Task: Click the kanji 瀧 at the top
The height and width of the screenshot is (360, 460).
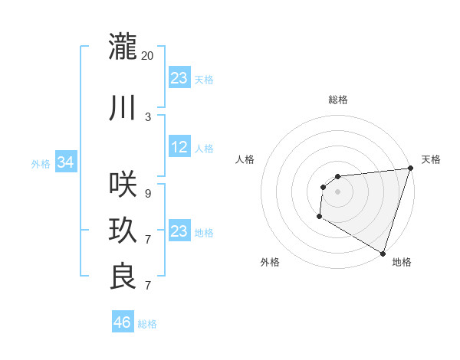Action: click(x=123, y=46)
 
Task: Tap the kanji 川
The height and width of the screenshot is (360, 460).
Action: click(x=123, y=108)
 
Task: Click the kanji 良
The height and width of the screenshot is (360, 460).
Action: click(x=123, y=276)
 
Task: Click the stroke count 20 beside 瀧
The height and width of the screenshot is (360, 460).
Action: click(x=148, y=55)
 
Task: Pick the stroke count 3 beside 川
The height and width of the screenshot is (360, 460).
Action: click(x=148, y=116)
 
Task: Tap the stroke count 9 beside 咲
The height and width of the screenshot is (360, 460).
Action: click(x=148, y=193)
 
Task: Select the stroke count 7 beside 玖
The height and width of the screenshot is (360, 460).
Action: click(x=148, y=240)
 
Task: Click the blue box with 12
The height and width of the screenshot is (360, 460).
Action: click(x=179, y=148)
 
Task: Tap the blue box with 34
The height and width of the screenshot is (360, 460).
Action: click(x=65, y=162)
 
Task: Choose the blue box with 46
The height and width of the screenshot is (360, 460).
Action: click(x=123, y=322)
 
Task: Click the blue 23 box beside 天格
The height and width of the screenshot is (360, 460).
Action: click(x=179, y=78)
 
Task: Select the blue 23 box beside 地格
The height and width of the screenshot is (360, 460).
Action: click(x=179, y=231)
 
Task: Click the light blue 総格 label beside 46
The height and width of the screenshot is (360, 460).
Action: click(x=148, y=324)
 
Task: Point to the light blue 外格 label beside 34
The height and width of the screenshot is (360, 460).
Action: click(x=41, y=164)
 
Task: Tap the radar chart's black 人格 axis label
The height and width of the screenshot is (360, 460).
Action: click(x=245, y=159)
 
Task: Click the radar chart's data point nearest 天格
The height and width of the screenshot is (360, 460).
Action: click(x=410, y=169)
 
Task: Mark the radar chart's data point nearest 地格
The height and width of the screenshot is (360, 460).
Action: click(x=383, y=253)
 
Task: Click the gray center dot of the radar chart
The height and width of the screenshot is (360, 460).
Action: click(x=337, y=191)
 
